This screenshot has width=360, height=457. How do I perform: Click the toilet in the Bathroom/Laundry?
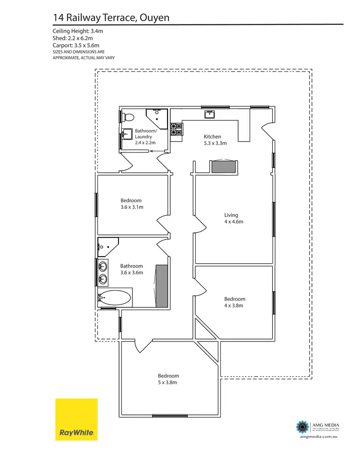[128, 117]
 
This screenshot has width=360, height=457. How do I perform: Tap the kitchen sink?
[210, 114]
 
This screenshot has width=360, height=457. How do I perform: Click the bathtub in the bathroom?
[114, 298]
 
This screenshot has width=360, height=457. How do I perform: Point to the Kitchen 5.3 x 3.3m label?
[214, 140]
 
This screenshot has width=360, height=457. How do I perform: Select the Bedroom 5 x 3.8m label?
[168, 379]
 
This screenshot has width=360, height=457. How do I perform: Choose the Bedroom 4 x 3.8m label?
[235, 302]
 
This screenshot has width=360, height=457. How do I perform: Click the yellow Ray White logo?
[76, 419]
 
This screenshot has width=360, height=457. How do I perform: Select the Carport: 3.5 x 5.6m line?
[79, 46]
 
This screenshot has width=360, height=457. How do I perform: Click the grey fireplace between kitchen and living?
[223, 167]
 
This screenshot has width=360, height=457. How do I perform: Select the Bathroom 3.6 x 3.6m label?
[132, 270]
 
